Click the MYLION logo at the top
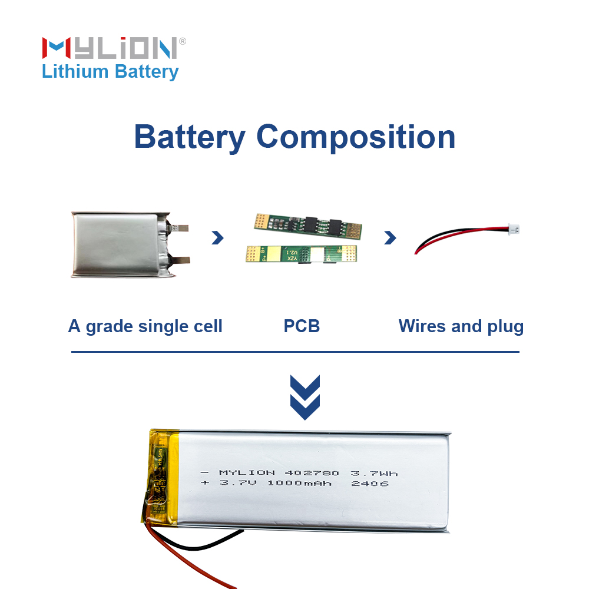pyautogui.click(x=109, y=48)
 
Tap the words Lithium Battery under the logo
pyautogui.click(x=110, y=72)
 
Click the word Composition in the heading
pyautogui.click(x=356, y=137)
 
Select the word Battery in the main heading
pyautogui.click(x=189, y=137)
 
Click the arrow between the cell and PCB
pyautogui.click(x=218, y=237)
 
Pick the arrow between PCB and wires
pyautogui.click(x=390, y=237)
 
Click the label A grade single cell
pyautogui.click(x=145, y=326)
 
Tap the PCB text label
pyautogui.click(x=302, y=326)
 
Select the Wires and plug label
pyautogui.click(x=461, y=326)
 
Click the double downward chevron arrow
pyautogui.click(x=305, y=398)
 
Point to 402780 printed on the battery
pyautogui.click(x=312, y=473)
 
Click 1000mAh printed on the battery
pyautogui.click(x=299, y=484)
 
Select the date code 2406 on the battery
pyautogui.click(x=369, y=484)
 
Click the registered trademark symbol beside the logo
pyautogui.click(x=182, y=41)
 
